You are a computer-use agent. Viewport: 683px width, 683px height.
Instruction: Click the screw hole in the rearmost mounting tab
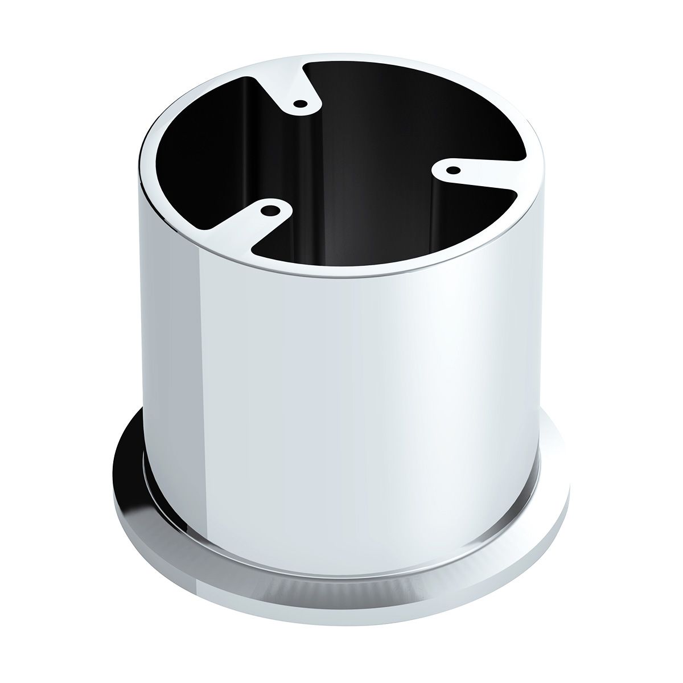point(300,104)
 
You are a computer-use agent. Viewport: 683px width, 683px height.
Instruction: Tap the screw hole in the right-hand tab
point(452,170)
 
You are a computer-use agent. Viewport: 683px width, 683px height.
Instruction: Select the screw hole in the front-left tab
point(267,210)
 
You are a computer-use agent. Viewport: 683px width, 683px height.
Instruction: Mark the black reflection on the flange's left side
point(129,455)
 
